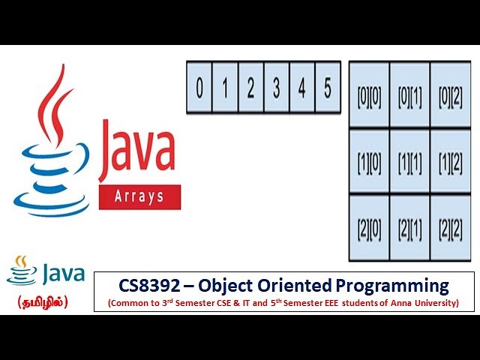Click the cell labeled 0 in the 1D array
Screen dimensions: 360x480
(x=199, y=88)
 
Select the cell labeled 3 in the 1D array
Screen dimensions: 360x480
(x=276, y=88)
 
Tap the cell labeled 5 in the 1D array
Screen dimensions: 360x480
(x=327, y=88)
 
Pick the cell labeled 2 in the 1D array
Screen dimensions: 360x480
(x=250, y=88)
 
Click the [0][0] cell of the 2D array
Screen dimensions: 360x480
(x=369, y=95)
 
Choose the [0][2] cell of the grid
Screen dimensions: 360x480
(x=450, y=95)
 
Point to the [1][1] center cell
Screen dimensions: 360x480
(x=409, y=161)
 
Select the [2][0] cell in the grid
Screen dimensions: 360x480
(x=369, y=227)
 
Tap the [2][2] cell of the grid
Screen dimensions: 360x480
(x=450, y=227)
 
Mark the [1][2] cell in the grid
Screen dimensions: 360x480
(x=450, y=161)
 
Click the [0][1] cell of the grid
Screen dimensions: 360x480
(x=409, y=95)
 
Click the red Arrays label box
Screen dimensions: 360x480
(x=139, y=197)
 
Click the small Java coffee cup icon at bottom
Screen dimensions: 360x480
(x=22, y=271)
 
